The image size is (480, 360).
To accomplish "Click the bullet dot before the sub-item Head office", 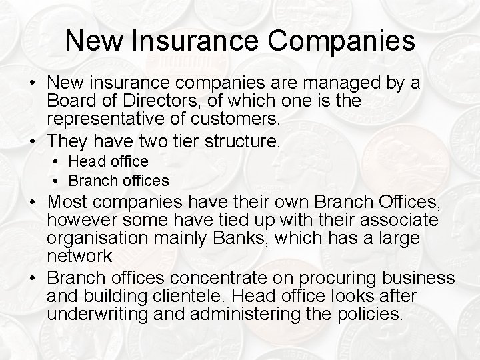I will tap(59, 161).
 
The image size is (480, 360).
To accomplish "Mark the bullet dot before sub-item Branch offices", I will tap(59, 180).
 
